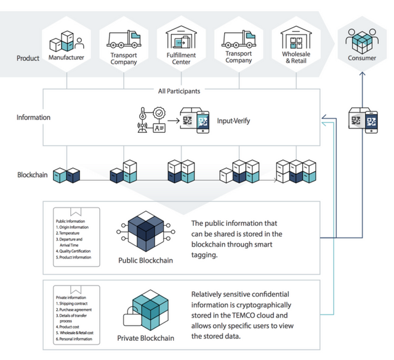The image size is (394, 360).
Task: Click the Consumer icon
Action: pyautogui.click(x=361, y=41)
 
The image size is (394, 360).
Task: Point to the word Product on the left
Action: pyautogui.click(x=28, y=58)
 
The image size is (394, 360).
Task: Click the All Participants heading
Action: pyautogui.click(x=179, y=91)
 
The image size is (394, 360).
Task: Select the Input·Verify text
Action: pyautogui.click(x=233, y=121)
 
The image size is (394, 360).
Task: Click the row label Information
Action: pyautogui.click(x=33, y=117)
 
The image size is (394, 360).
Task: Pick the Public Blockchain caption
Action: pyautogui.click(x=145, y=260)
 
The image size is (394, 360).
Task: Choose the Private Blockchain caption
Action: pyautogui.click(x=145, y=338)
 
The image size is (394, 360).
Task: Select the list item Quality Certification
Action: pyautogui.click(x=74, y=251)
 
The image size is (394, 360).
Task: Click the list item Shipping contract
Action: pyautogui.click(x=73, y=303)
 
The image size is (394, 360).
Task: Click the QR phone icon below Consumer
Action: pyautogui.click(x=363, y=120)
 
